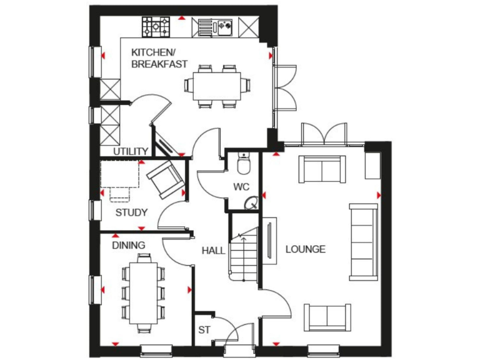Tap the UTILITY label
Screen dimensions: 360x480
pyautogui.click(x=130, y=151)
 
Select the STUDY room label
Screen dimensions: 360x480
pyautogui.click(x=131, y=212)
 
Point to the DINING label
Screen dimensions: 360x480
pyautogui.click(x=128, y=246)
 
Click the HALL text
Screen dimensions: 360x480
pyautogui.click(x=213, y=250)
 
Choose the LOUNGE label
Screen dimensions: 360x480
pyautogui.click(x=305, y=249)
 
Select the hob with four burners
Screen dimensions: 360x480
pyautogui.click(x=157, y=26)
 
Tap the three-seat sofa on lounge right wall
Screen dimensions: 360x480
pyautogui.click(x=364, y=241)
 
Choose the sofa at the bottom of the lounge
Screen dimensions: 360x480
pyautogui.click(x=327, y=317)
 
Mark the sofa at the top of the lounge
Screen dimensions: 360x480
pyautogui.click(x=322, y=168)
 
